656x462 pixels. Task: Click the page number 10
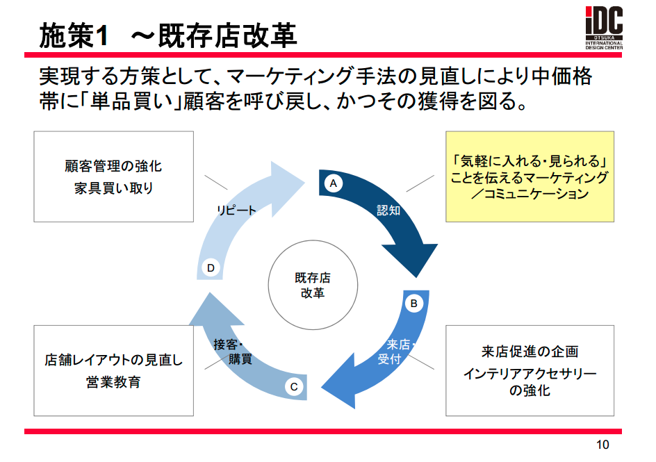point(602,445)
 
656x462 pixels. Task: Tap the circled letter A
point(333,183)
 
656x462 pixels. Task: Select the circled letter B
point(413,303)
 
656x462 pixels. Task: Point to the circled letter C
point(293,387)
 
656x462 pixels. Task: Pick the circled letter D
point(211,267)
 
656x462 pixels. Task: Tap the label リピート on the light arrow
point(236,210)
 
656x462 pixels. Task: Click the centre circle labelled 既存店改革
point(313,285)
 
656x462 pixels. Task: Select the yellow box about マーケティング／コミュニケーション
point(530,177)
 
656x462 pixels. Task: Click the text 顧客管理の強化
point(113,167)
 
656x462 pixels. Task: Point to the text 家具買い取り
point(113,188)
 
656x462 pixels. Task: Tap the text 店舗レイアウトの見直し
point(113,361)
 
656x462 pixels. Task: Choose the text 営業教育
point(113,381)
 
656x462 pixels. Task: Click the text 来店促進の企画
point(530,352)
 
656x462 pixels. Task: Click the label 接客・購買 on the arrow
point(234,352)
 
